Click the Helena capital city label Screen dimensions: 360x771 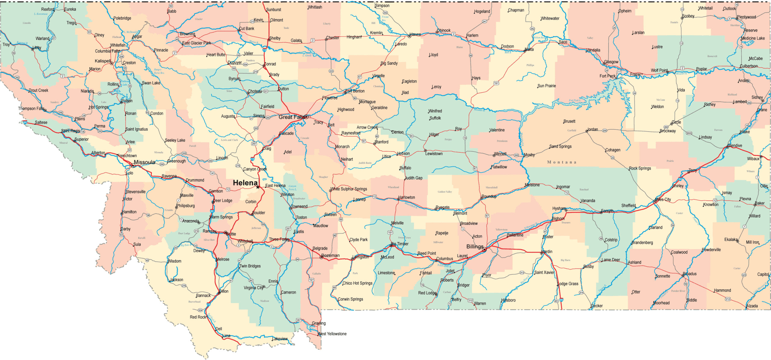[x=245, y=183]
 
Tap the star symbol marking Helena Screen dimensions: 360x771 [x=258, y=187]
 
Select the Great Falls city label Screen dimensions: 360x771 [x=291, y=117]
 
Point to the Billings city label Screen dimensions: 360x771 [x=475, y=247]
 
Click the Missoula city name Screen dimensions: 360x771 [x=144, y=162]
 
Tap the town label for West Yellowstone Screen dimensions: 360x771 [x=332, y=334]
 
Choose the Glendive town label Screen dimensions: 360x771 [x=735, y=146]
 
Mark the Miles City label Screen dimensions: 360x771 [x=663, y=199]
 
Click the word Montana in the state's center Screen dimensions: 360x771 [x=562, y=162]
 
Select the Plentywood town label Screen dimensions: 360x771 [x=746, y=17]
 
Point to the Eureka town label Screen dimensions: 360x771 [x=70, y=9]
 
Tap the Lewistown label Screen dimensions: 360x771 [x=434, y=154]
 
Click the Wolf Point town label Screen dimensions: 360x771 [x=659, y=70]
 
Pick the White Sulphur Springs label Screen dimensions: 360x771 [x=349, y=189]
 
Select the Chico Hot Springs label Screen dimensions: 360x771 [x=357, y=283]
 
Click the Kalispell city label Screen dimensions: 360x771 [x=103, y=61]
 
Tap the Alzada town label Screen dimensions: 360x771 [x=752, y=306]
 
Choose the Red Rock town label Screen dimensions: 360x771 [x=198, y=317]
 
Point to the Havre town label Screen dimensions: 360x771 [x=415, y=34]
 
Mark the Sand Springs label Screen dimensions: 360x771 [x=560, y=146]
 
